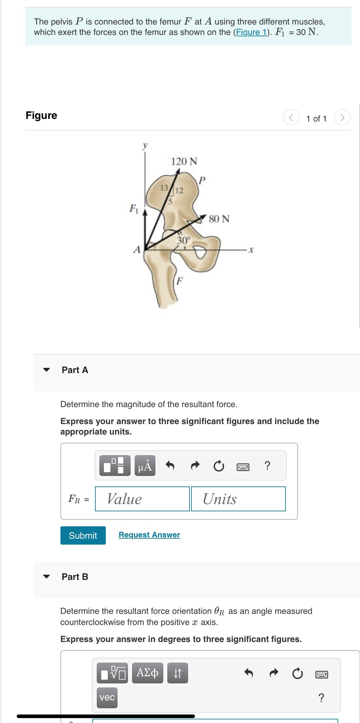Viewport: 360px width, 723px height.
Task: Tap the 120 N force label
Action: [184, 161]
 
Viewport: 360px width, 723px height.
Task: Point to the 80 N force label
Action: [219, 219]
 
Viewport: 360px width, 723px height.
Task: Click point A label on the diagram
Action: [137, 250]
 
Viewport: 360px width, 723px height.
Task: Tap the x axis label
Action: [251, 250]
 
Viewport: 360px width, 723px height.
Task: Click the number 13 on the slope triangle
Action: [164, 188]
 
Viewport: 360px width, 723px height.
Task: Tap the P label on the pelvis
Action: [203, 180]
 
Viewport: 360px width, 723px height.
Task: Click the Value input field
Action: [142, 499]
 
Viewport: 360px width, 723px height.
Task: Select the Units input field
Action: [238, 499]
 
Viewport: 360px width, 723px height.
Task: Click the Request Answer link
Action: [149, 535]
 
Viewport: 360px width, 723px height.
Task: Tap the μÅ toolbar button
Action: [145, 466]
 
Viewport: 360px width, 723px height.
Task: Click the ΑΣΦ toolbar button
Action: [148, 673]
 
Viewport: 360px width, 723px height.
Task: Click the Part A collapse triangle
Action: [47, 370]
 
